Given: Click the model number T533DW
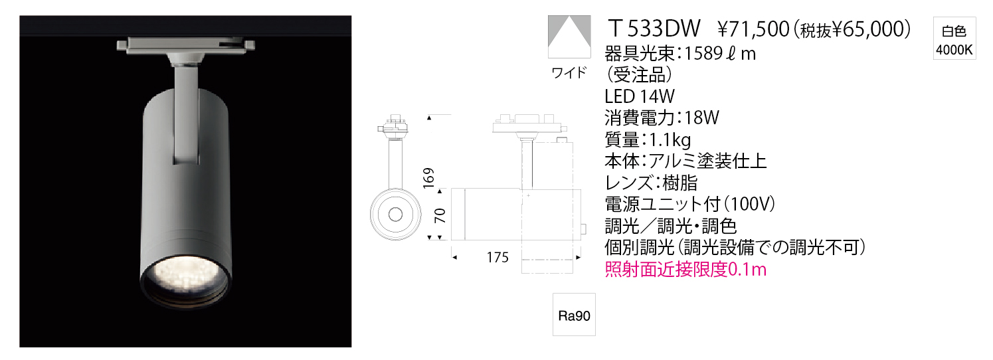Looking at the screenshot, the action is (654, 29).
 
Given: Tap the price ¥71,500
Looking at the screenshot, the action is (754, 29).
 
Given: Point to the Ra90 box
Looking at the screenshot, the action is (574, 314).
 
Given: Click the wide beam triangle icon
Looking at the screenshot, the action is (570, 37).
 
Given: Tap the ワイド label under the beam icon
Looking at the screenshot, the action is (569, 72).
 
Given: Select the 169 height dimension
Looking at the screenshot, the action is (428, 178).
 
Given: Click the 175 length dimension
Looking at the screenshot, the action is (497, 257).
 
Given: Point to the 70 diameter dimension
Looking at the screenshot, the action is (440, 216).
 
